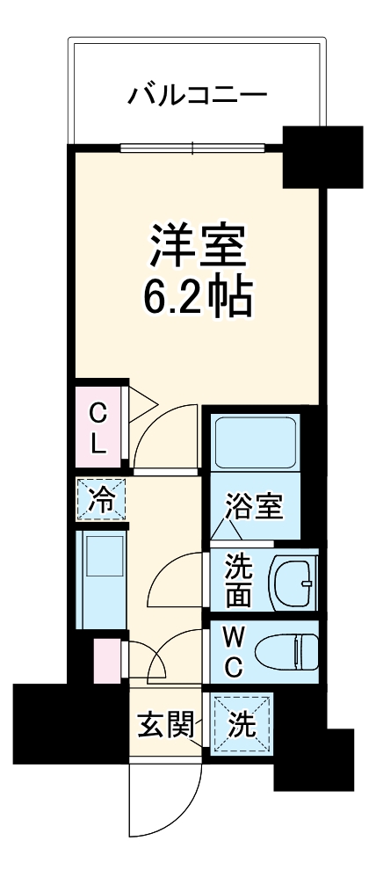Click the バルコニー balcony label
tap(197, 94)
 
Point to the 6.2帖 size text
tap(197, 300)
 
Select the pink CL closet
tap(99, 427)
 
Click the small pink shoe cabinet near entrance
tap(106, 660)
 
